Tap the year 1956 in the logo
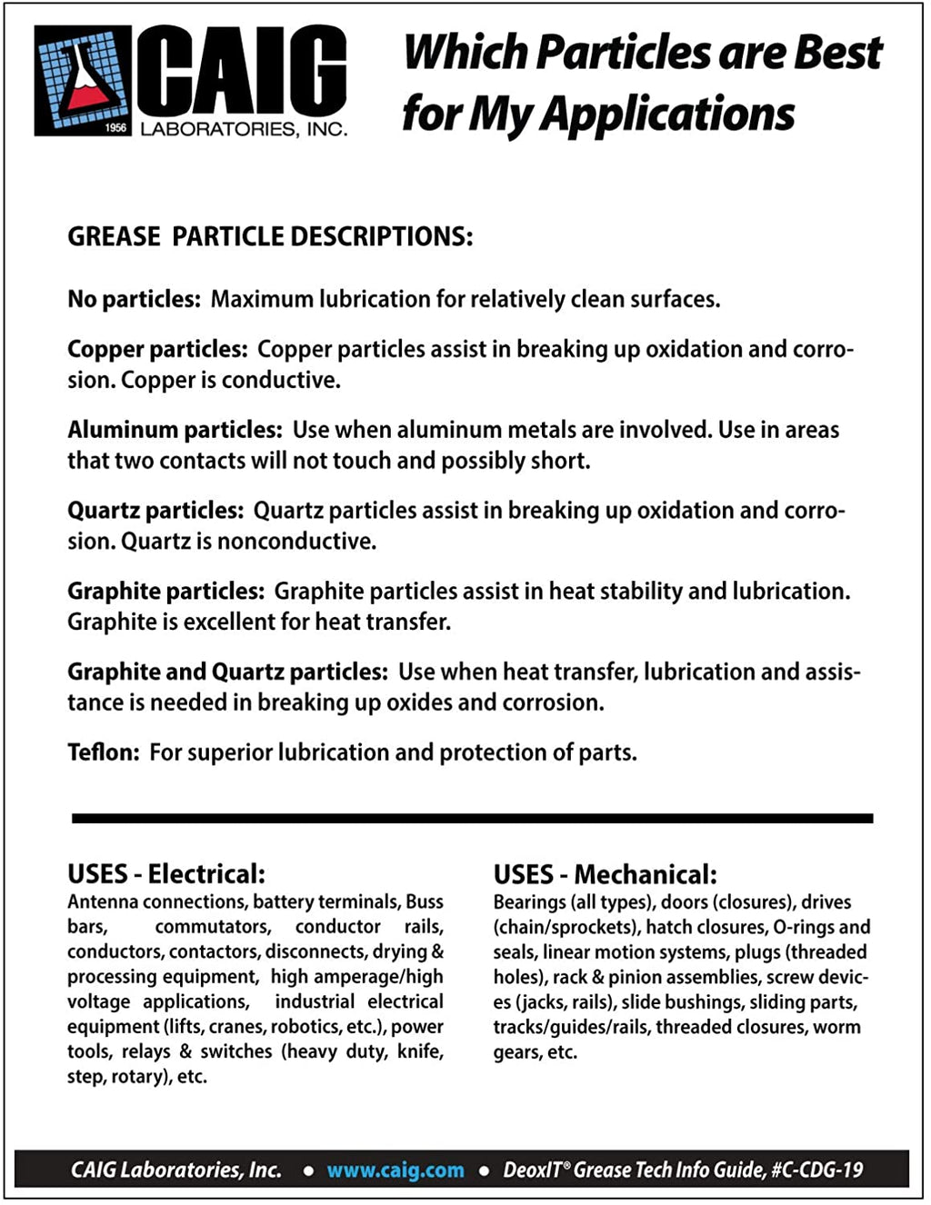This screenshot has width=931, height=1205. [x=115, y=127]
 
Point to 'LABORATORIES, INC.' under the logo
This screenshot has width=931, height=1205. [x=244, y=129]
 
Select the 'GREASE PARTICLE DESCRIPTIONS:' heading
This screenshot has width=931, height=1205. [x=270, y=237]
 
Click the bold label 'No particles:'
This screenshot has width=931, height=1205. [x=134, y=299]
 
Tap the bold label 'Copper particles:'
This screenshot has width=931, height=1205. [x=157, y=349]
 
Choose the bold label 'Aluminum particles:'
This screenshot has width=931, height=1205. [x=175, y=430]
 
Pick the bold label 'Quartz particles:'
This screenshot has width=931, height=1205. [x=155, y=511]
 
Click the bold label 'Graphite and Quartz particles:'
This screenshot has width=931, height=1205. [x=227, y=672]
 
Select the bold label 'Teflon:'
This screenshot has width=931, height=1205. [x=103, y=752]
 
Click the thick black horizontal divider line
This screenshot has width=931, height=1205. [x=472, y=819]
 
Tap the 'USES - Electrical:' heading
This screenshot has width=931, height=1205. [x=166, y=874]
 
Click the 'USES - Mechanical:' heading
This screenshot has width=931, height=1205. [x=605, y=875]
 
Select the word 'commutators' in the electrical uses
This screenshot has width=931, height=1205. [x=213, y=927]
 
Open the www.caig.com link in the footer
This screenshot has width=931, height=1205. [x=395, y=1170]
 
